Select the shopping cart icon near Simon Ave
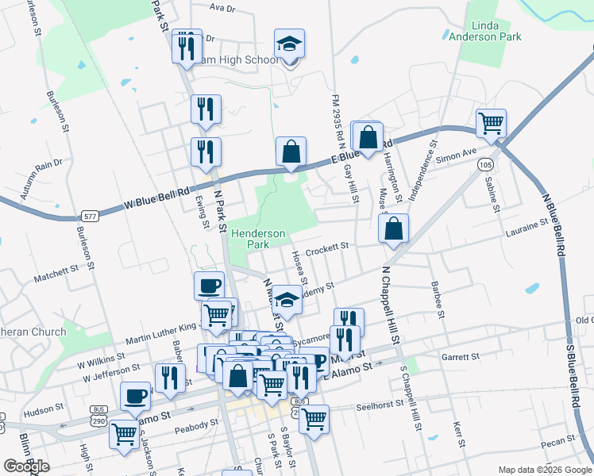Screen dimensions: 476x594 (x=492, y=123)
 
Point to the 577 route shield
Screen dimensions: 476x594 (x=90, y=215)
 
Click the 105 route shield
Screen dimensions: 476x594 (x=484, y=164)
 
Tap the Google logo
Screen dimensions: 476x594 (x=26, y=466)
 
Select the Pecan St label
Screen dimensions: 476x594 (x=560, y=440)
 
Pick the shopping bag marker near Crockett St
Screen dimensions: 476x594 (x=394, y=228)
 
